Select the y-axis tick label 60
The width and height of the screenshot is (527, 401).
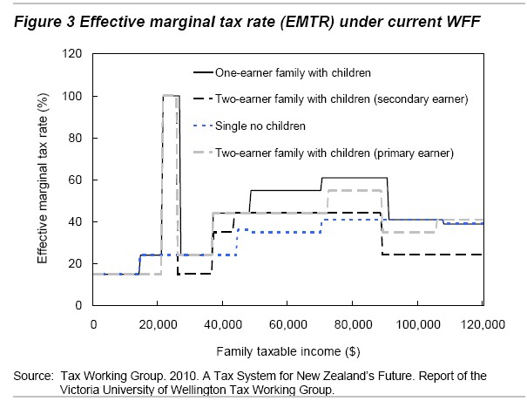(75, 180)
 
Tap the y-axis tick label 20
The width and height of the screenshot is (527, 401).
(75, 263)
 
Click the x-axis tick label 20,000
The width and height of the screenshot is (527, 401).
(158, 324)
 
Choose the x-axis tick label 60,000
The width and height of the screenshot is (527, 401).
(288, 324)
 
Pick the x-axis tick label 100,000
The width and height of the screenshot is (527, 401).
(418, 324)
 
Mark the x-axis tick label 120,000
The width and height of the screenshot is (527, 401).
(483, 324)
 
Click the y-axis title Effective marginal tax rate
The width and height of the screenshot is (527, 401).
(42, 180)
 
